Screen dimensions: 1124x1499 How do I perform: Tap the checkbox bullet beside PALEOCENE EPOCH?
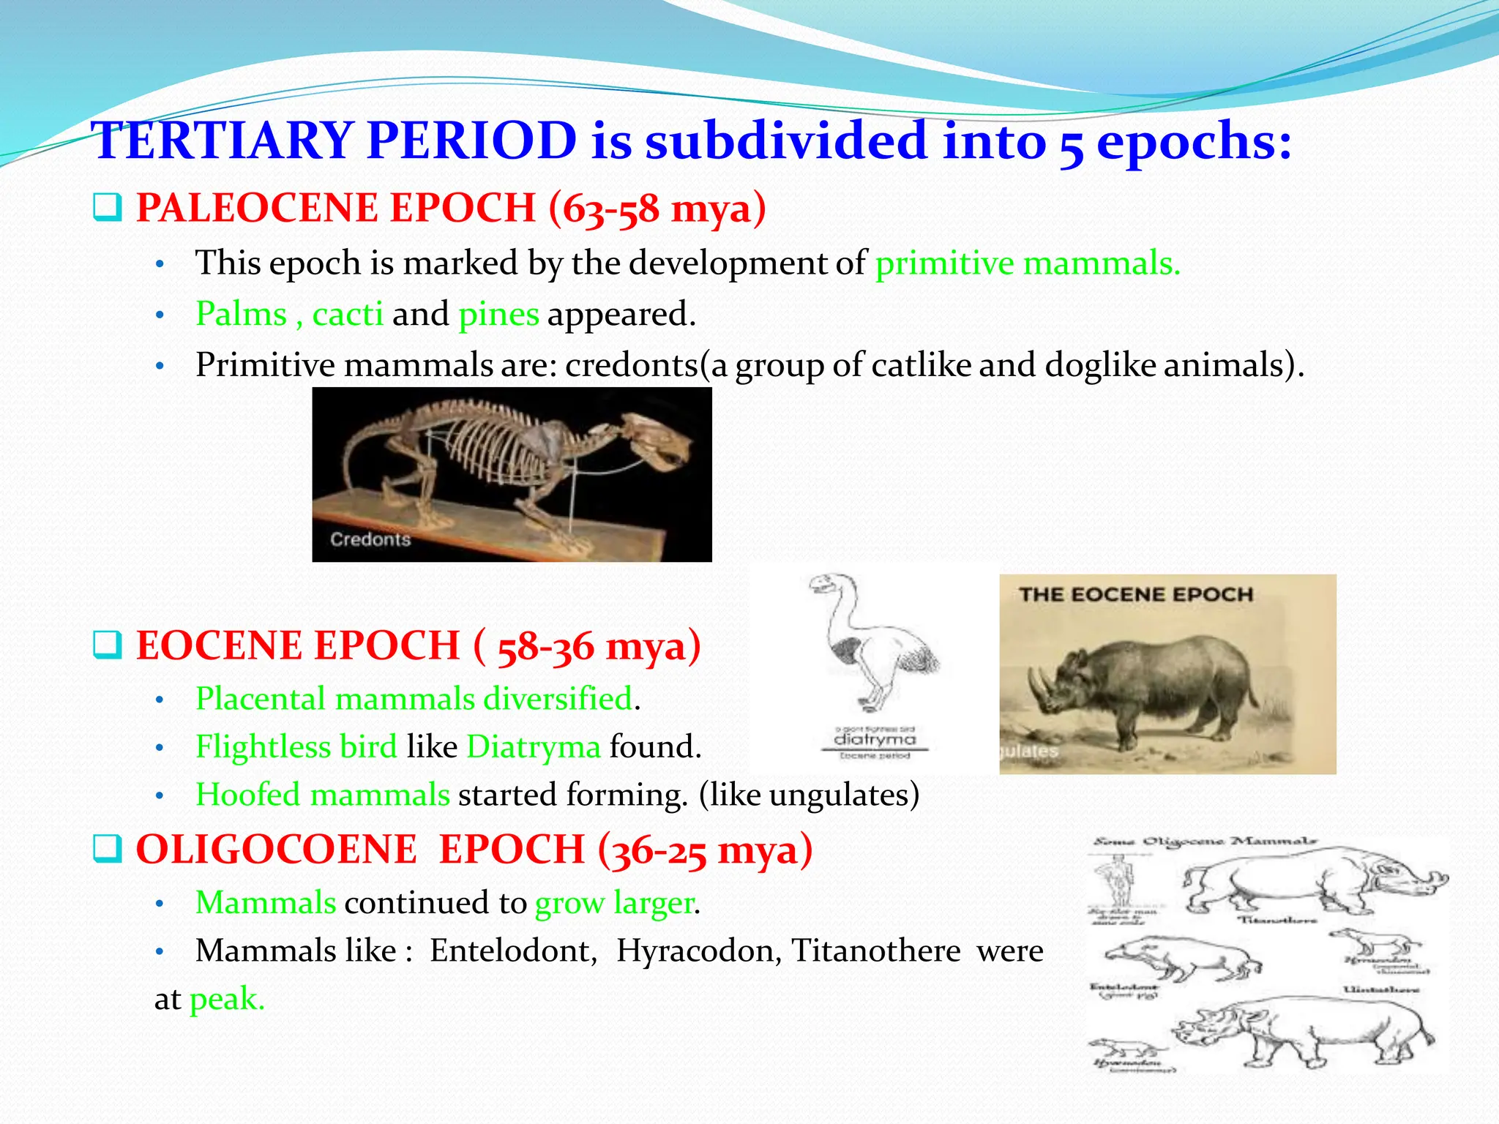[107, 208]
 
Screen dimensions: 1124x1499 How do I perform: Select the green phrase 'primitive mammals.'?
[1028, 263]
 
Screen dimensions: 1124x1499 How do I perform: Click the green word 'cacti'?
[348, 314]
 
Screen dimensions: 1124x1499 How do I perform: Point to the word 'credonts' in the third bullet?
[632, 365]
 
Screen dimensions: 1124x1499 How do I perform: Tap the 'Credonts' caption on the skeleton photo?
[370, 540]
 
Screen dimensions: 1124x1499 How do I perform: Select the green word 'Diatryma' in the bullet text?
[534, 747]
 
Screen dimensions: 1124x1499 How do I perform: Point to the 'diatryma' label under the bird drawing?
[875, 740]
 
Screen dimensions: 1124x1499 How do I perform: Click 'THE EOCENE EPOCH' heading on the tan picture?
[1136, 594]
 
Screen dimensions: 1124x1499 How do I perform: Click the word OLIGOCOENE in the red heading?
[276, 850]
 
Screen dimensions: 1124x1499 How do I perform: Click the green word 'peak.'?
[227, 1000]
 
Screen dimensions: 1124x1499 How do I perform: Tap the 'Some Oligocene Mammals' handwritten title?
[1205, 842]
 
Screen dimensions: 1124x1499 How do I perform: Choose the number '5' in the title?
[1071, 143]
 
